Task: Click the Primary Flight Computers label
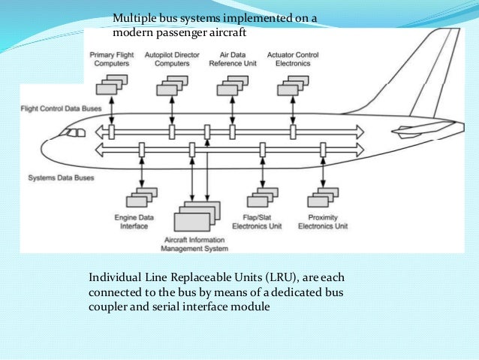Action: (111, 59)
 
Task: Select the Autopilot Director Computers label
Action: (172, 59)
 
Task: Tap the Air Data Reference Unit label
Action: (233, 59)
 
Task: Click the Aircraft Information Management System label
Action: (195, 243)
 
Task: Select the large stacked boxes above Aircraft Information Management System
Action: (197, 217)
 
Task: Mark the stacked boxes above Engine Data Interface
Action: (141, 198)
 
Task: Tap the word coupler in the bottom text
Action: (107, 307)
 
